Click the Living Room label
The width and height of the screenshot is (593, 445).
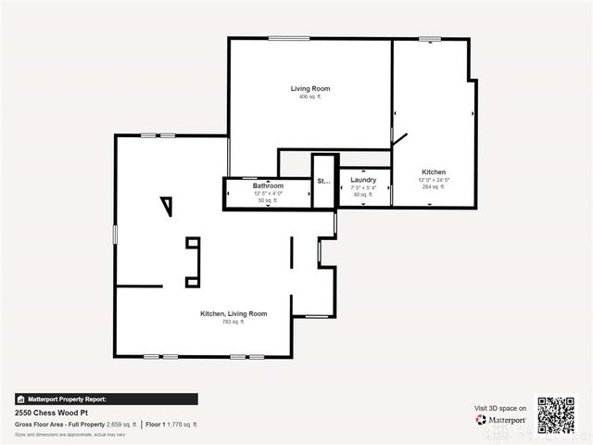coord(309,89)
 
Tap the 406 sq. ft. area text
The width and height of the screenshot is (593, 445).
coord(309,97)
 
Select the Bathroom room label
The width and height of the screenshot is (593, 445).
coord(269,185)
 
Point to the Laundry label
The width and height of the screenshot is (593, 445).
coord(363,180)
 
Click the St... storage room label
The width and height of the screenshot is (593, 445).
coord(323,182)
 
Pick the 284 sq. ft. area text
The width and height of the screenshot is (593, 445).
coord(433,187)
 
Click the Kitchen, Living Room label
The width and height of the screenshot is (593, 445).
coord(233,313)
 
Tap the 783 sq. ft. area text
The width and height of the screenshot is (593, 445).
coord(233,322)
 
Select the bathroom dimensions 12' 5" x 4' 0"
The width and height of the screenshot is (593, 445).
coord(269,193)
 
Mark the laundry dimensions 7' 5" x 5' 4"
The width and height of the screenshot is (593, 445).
coord(363,187)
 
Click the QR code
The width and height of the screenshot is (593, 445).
coord(556,415)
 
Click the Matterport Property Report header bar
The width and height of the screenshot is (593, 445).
coord(106,400)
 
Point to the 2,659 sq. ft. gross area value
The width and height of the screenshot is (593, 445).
coord(121,424)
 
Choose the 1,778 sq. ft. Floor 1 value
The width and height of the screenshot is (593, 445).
coord(182,424)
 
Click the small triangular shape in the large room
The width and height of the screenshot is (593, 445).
coord(167,205)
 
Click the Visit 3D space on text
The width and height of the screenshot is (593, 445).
coord(500,408)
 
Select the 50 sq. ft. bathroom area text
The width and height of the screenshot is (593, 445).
coord(269,200)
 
